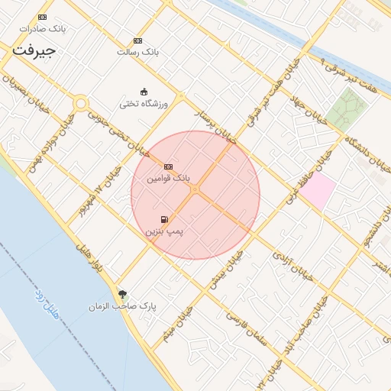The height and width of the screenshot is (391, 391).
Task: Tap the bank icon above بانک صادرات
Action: pyautogui.click(x=42, y=17)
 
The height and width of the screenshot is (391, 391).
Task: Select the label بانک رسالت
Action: pyautogui.click(x=137, y=52)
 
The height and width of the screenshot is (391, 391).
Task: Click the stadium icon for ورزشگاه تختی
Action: pyautogui.click(x=144, y=92)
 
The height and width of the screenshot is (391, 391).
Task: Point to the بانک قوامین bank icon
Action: pyautogui.click(x=168, y=166)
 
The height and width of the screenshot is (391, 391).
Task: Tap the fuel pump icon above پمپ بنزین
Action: pyautogui.click(x=164, y=219)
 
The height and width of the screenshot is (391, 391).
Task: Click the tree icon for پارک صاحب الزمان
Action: pyautogui.click(x=123, y=294)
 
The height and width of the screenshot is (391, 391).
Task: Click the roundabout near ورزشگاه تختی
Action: pyautogui.click(x=80, y=103)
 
